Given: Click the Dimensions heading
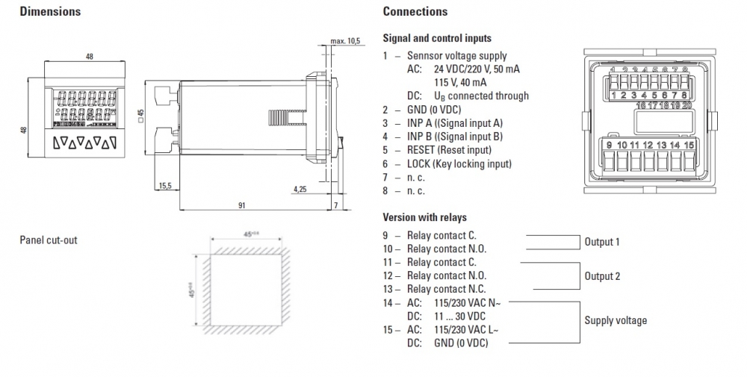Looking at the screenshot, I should pos(50,12).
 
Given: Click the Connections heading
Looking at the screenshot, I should pos(415,12).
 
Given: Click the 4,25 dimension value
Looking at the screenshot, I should pos(301,189).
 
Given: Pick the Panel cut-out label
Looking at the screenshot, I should pos(49,240).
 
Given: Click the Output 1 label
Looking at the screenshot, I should pos(602,242).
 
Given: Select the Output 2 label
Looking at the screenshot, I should pos(602,276).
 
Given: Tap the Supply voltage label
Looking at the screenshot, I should pos(616,321).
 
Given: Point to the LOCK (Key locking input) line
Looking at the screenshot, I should pos(459,163).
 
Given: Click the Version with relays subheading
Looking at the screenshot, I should pos(424,217).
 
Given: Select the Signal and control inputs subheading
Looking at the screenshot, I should pos(437,38).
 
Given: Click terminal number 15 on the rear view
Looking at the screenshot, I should pos(689,144).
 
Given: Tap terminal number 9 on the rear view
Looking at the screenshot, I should pos(610,144).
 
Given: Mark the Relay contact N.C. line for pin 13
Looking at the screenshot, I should pos(446,289).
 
